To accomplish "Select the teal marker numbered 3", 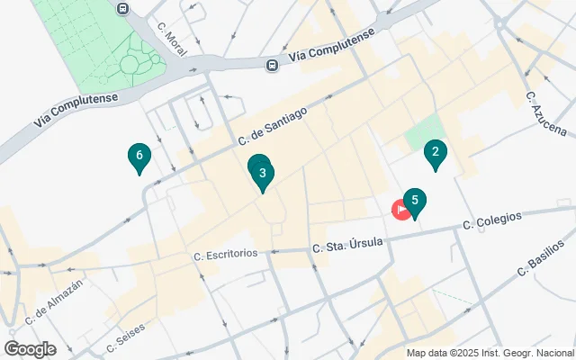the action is pos(262,173).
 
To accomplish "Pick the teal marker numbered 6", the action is pos(139,157).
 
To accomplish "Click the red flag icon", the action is pos(400,209).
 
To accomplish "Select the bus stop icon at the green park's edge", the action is pos(123,7).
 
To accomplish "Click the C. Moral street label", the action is pos(170,40).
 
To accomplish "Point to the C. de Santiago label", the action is pos(273,127).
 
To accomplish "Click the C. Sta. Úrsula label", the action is pos(347,243).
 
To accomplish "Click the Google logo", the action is pos(30,348).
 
